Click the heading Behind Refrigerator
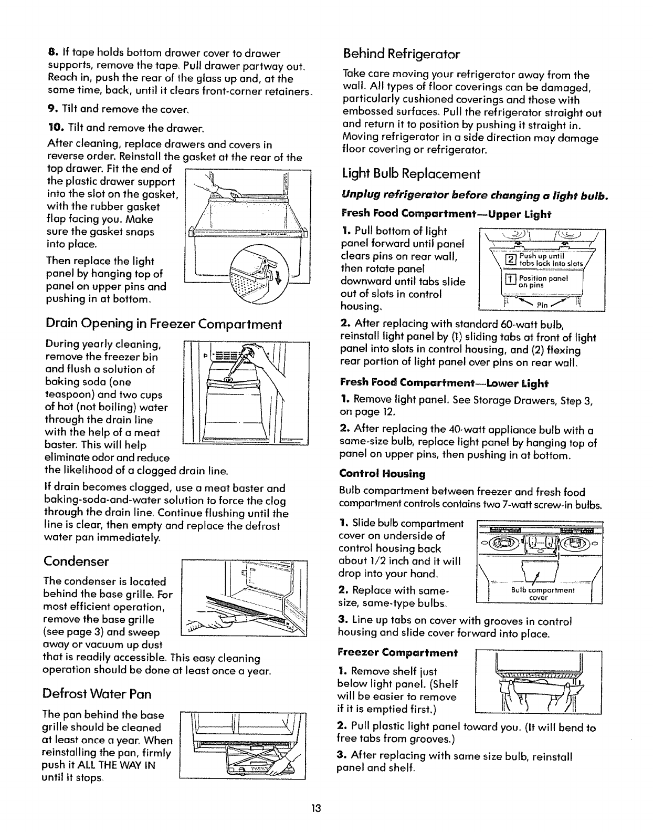pos(401,54)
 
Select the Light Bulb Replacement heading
pos(411,174)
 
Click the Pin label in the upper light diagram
pos(542,305)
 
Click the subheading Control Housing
pos(383,474)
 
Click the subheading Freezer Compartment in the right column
pos(399,653)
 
